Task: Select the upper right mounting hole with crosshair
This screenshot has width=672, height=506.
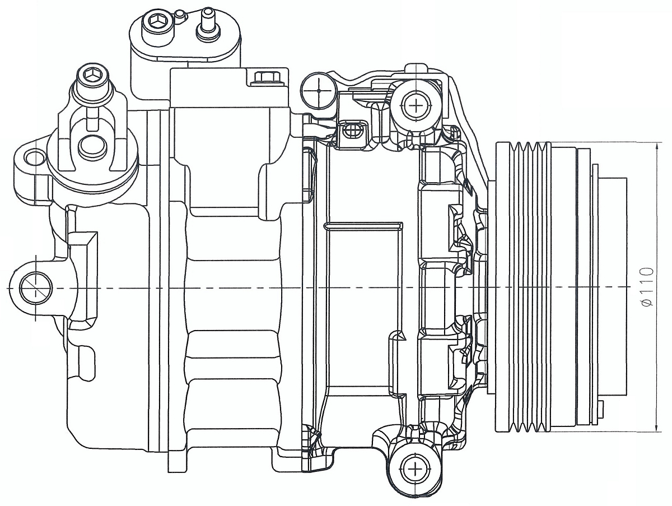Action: pyautogui.click(x=417, y=104)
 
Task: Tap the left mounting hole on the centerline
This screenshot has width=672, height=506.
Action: pyautogui.click(x=35, y=288)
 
